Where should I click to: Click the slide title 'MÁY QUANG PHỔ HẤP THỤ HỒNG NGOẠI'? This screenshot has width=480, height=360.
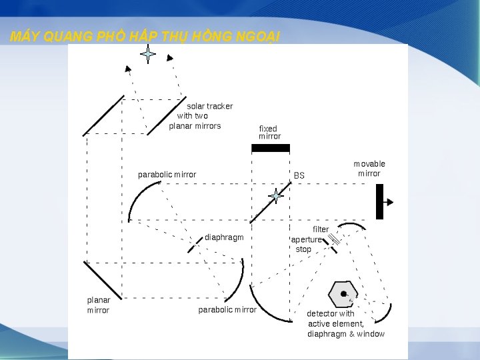[145, 37]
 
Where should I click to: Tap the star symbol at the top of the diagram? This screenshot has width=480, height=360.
[148, 54]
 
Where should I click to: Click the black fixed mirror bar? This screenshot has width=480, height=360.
[271, 148]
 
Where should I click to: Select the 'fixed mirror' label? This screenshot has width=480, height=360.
[269, 132]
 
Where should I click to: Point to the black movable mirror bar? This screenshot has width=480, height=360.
[379, 201]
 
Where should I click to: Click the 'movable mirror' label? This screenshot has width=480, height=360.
[369, 169]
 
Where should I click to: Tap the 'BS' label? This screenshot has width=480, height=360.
[299, 175]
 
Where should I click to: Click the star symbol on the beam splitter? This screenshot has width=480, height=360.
[275, 196]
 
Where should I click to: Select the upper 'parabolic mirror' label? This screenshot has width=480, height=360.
[167, 175]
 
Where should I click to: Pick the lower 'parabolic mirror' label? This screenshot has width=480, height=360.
[227, 309]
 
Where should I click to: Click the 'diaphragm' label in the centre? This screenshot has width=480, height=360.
[224, 237]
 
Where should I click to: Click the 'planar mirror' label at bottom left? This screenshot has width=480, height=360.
[98, 305]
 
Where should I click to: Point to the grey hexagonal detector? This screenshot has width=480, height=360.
[343, 294]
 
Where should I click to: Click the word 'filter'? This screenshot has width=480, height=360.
[321, 229]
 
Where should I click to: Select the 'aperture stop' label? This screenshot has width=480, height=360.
[305, 244]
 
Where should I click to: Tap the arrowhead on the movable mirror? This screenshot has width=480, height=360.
[389, 201]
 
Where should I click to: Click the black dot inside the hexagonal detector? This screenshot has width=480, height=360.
[344, 293]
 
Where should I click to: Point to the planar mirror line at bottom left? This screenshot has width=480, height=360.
[102, 279]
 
